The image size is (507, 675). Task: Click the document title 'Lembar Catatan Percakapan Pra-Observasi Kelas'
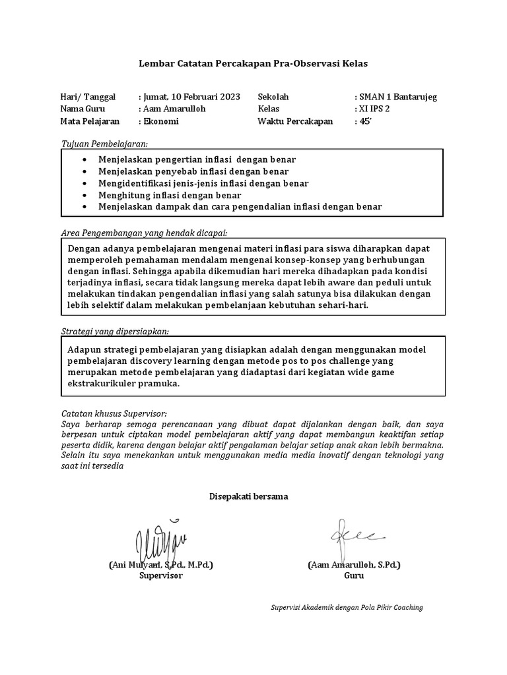(253, 64)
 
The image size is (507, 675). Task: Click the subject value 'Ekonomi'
(162, 121)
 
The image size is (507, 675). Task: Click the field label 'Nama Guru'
(83, 109)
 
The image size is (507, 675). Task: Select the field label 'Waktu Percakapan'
(295, 121)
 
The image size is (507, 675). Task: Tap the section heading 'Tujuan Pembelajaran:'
(104, 143)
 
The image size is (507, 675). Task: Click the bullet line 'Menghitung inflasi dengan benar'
(170, 195)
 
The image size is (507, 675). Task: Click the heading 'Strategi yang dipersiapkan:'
(119, 330)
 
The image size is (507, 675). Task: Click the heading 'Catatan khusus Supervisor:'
(110, 413)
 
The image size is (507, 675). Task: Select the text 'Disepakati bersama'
(248, 496)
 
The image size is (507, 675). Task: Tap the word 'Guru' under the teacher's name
(354, 575)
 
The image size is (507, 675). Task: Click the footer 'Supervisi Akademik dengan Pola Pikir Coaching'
(347, 607)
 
